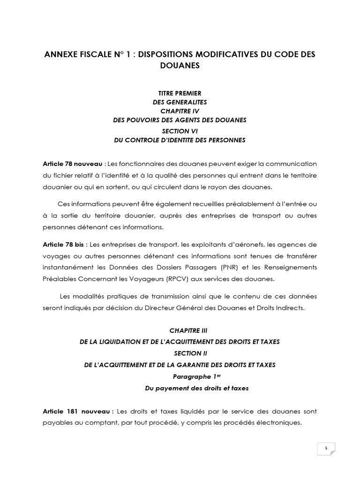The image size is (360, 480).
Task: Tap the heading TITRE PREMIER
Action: coord(180,94)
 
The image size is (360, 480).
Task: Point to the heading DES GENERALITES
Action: coord(180,102)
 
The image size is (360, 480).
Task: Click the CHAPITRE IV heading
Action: coord(180,111)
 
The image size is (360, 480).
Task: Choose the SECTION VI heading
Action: coord(180,131)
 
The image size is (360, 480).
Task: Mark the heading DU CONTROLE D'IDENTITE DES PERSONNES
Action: coord(180,140)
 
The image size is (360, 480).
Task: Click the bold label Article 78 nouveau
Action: coord(73,164)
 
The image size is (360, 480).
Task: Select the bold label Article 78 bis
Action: coord(64,245)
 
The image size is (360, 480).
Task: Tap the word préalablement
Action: coord(251,204)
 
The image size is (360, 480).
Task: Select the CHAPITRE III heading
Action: coord(180,330)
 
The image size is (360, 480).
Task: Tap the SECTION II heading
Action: coord(180,353)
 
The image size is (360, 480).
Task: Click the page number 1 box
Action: coord(325,449)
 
